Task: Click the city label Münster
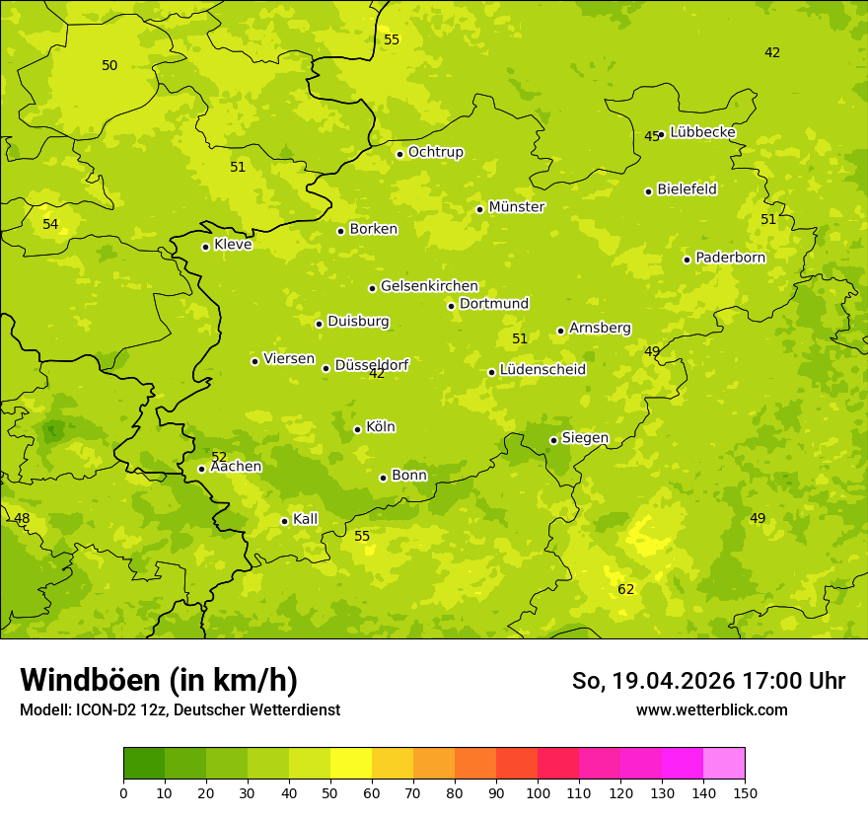(x=517, y=207)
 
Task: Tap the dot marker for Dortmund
(x=451, y=306)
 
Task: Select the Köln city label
(x=381, y=427)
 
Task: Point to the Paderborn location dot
(x=687, y=260)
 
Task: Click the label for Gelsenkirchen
(x=429, y=286)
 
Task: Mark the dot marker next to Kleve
(x=205, y=247)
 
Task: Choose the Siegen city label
(x=585, y=438)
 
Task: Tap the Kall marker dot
(x=284, y=521)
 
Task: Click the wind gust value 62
(x=626, y=590)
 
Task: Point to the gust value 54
(x=50, y=225)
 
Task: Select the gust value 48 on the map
(x=22, y=519)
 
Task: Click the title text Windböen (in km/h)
(x=159, y=680)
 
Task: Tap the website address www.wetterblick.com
(x=711, y=709)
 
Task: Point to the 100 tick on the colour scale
(x=538, y=792)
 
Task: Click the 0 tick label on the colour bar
(x=123, y=792)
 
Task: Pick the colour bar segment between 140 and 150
(x=724, y=764)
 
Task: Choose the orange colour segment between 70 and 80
(x=434, y=764)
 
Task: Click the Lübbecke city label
(x=702, y=132)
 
